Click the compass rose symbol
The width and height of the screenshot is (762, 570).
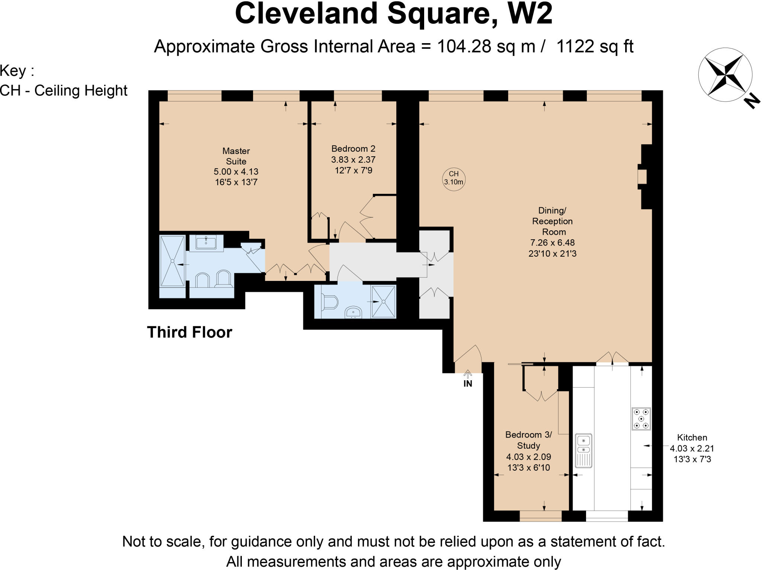[725, 74]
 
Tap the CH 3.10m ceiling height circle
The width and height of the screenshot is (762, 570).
[454, 178]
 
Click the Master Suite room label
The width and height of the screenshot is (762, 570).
[236, 156]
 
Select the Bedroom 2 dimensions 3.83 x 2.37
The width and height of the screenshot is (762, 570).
[353, 160]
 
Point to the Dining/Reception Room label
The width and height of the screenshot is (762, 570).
[552, 221]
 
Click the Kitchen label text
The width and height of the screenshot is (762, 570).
[692, 438]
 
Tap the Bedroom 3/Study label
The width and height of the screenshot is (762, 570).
[528, 440]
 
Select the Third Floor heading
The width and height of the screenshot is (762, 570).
[189, 332]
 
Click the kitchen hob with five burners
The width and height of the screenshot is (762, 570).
[641, 419]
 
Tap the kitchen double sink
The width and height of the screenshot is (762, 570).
[583, 450]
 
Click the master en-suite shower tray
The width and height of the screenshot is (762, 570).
[172, 261]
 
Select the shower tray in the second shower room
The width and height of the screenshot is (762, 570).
[384, 302]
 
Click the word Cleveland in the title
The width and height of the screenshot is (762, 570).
[306, 14]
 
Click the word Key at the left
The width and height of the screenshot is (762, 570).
[13, 71]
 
